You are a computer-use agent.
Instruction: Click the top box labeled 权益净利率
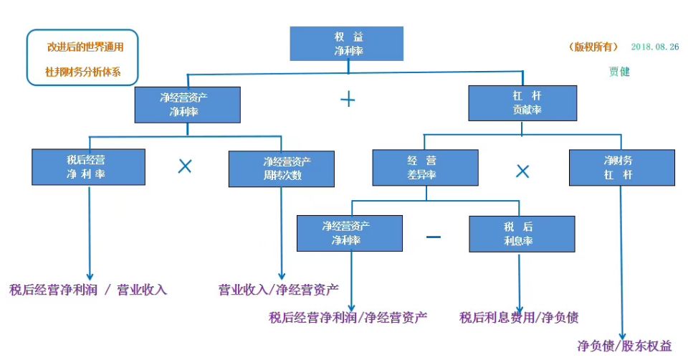click(348, 44)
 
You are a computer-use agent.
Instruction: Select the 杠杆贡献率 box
click(522, 103)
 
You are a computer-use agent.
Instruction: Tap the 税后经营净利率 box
click(89, 167)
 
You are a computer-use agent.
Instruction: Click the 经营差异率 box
click(425, 168)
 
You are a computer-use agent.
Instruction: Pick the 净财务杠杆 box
click(621, 168)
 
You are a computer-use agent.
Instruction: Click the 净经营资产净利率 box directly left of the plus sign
click(188, 103)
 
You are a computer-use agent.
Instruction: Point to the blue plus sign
click(348, 100)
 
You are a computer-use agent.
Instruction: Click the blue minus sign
click(434, 236)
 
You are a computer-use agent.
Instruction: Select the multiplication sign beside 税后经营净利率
click(185, 166)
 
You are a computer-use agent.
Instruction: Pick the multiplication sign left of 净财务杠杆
click(523, 171)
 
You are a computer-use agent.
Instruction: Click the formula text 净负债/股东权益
click(624, 346)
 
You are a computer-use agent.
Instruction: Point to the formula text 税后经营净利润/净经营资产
click(348, 317)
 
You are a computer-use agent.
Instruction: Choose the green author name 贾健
click(619, 72)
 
